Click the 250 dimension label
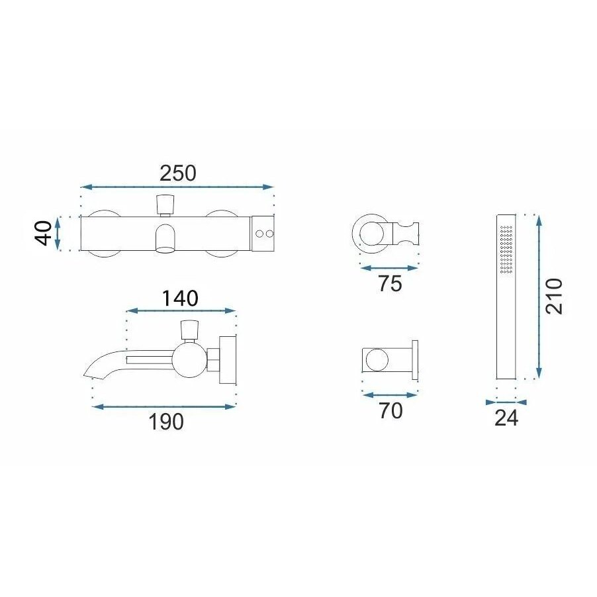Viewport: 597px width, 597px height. [178, 173]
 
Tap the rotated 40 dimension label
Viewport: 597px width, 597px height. [44, 233]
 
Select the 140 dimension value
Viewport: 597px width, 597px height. [180, 298]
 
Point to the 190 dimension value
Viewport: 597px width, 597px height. [166, 422]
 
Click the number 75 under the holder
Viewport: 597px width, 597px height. [390, 284]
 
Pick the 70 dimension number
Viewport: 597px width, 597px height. [390, 411]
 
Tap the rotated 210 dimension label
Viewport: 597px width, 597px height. [553, 297]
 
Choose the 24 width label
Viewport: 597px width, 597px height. [506, 418]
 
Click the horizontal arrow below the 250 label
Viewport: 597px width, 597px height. [177, 187]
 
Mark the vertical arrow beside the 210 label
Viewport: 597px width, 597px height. [539, 297]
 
